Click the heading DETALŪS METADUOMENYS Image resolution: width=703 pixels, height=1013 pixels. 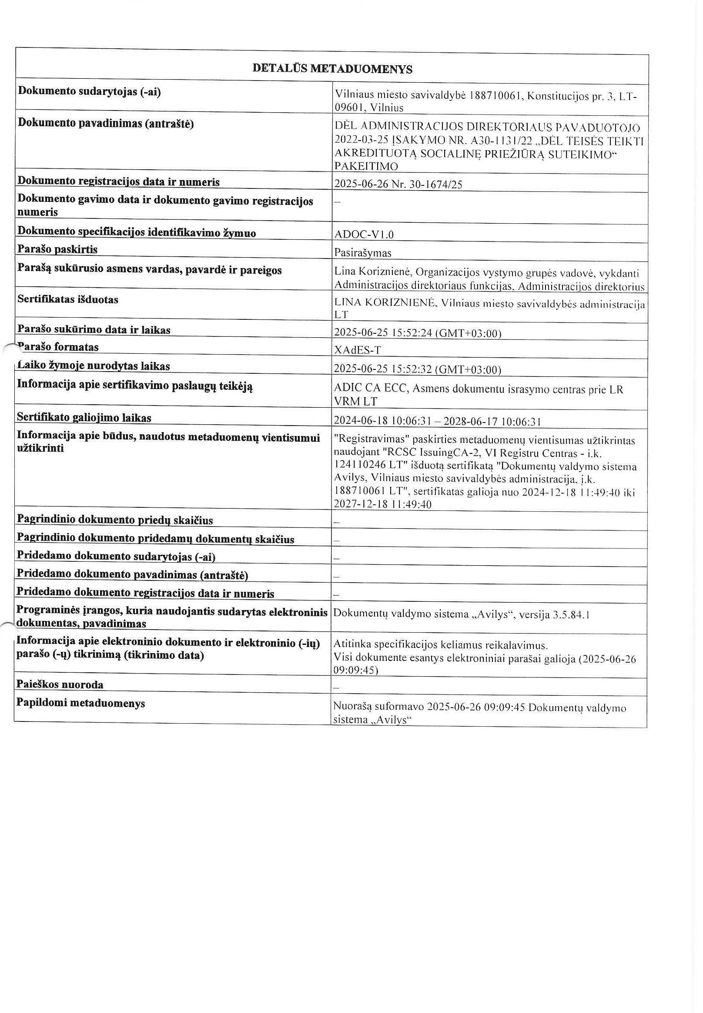coord(332,69)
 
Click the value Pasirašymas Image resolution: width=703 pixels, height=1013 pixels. coord(363,253)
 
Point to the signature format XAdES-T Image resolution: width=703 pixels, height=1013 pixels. coord(358,350)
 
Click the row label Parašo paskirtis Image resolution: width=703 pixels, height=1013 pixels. coord(57,249)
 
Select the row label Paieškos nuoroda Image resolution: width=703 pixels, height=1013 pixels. coord(60,684)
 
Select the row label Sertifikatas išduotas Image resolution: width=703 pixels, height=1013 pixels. coord(68,300)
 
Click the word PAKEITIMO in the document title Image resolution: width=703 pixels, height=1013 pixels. coord(366,166)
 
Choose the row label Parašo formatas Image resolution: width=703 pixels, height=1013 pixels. coord(57,347)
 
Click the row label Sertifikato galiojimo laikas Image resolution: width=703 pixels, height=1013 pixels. coord(84,417)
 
